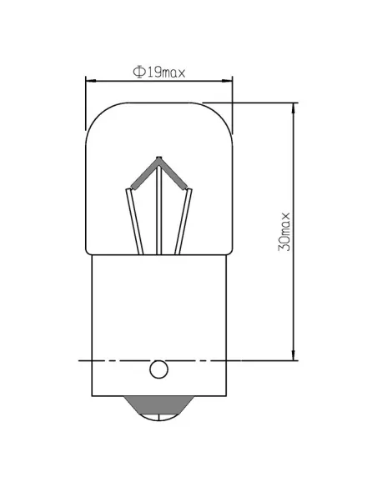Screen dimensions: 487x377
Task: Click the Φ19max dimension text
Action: (158, 72)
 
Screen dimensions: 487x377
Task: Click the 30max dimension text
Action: (284, 232)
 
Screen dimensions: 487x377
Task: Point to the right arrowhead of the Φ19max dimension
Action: (228, 81)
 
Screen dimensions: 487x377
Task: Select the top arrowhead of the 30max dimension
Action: (293, 108)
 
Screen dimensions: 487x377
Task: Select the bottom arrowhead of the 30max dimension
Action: (293, 357)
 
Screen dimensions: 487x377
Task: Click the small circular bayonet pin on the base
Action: (158, 369)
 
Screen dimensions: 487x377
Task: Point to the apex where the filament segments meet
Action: (158, 158)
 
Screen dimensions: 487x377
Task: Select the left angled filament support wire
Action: (133, 221)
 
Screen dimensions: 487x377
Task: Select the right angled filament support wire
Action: (184, 221)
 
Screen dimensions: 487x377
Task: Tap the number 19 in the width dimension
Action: (151, 72)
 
